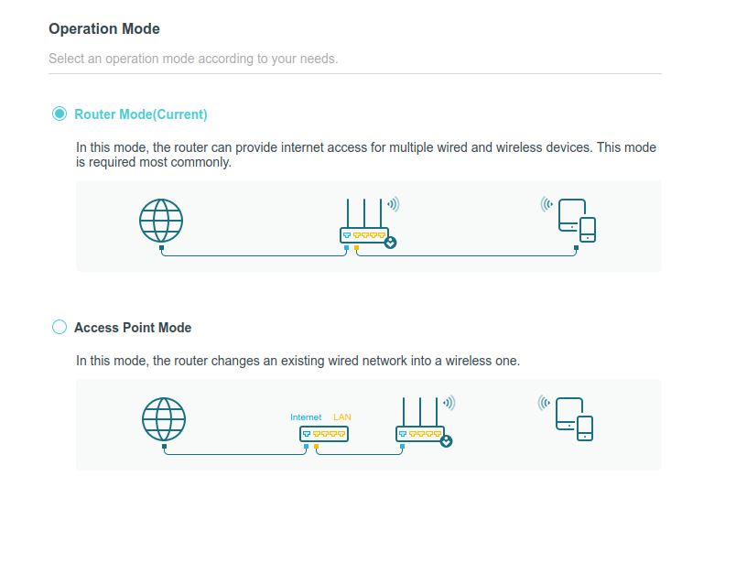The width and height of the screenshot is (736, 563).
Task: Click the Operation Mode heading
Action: [103, 29]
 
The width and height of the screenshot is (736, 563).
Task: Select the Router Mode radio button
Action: [60, 114]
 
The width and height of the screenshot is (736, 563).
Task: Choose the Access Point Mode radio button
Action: [60, 327]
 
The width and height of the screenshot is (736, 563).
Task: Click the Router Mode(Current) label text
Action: [140, 114]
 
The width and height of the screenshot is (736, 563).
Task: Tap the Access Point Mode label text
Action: [132, 328]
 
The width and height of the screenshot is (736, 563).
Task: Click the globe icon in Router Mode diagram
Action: [161, 221]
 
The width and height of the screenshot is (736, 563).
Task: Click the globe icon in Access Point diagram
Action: [164, 419]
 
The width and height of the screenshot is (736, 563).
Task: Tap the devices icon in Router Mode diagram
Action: [577, 221]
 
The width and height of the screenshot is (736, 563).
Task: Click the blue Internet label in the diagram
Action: [306, 417]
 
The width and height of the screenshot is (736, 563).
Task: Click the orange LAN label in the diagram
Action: [342, 417]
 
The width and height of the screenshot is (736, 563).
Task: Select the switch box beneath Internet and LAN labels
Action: [323, 434]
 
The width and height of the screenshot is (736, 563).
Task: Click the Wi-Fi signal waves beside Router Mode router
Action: [394, 204]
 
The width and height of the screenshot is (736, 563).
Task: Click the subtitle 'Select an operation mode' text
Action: [193, 59]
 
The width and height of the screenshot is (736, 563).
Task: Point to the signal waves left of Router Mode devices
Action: [547, 204]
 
